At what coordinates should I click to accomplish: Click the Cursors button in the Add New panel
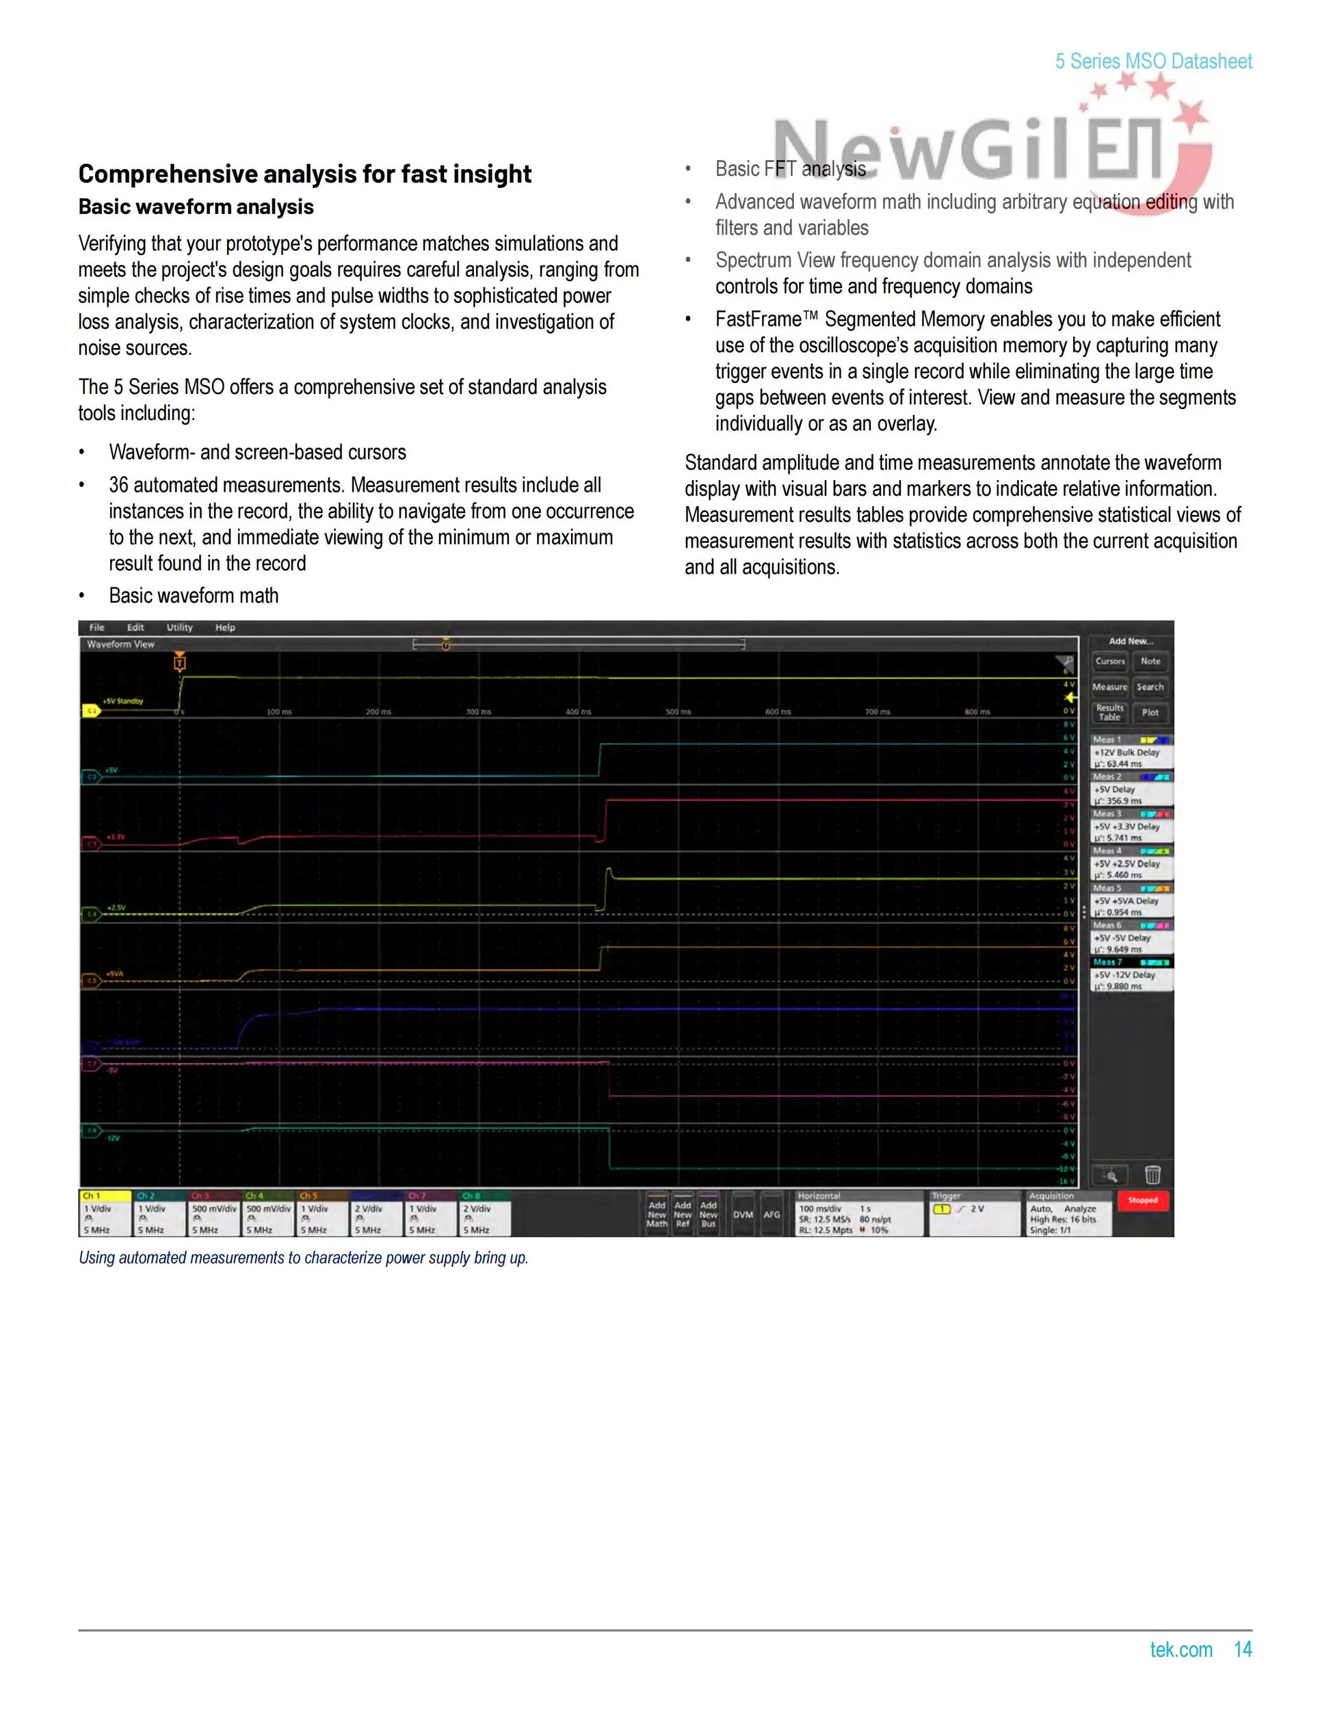pyautogui.click(x=1109, y=661)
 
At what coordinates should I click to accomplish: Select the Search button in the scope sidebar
pyautogui.click(x=1150, y=687)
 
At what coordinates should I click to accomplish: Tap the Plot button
pyautogui.click(x=1150, y=713)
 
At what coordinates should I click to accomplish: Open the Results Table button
pyautogui.click(x=1109, y=713)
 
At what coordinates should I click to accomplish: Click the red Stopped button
pyautogui.click(x=1142, y=1201)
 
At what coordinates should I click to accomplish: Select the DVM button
pyautogui.click(x=743, y=1215)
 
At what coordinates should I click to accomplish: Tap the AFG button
pyautogui.click(x=771, y=1215)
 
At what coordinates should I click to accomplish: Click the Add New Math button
pyautogui.click(x=657, y=1215)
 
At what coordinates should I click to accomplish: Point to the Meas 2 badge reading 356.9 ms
pyautogui.click(x=1131, y=789)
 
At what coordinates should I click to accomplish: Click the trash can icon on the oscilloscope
pyautogui.click(x=1152, y=1176)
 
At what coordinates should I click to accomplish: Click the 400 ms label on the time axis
pyautogui.click(x=578, y=712)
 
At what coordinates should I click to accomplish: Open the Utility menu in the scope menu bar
pyautogui.click(x=179, y=628)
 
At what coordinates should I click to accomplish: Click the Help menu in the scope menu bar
pyautogui.click(x=225, y=628)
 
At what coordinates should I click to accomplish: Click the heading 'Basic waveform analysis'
pyautogui.click(x=196, y=207)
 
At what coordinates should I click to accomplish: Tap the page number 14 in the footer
pyautogui.click(x=1242, y=1650)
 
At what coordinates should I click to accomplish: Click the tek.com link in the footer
pyautogui.click(x=1181, y=1650)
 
